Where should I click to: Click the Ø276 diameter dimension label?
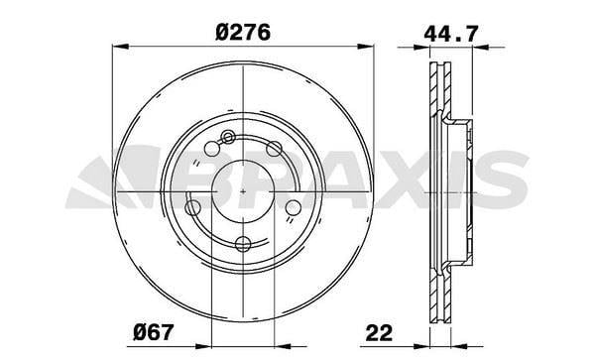point(243,32)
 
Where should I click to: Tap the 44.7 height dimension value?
point(451,34)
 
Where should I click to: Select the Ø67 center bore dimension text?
point(154,332)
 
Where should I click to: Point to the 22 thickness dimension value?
point(379,332)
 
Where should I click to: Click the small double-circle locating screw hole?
point(228,137)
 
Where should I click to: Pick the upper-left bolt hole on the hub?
point(212,149)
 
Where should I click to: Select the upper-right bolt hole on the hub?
point(274,149)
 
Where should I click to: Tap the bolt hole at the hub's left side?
point(192,207)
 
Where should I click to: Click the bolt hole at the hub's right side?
point(293,207)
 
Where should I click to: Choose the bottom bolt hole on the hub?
point(243,244)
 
